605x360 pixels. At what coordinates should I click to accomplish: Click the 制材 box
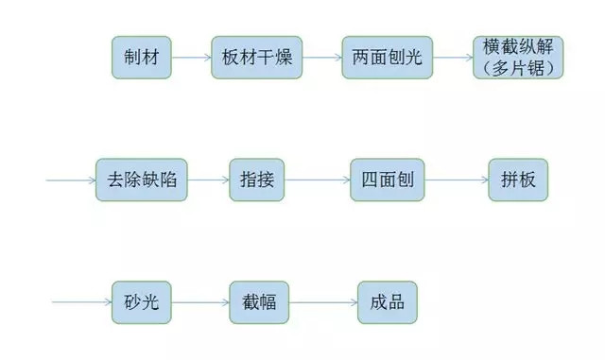[141, 58]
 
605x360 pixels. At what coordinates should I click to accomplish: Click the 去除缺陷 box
[142, 178]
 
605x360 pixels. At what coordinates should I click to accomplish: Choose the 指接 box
[256, 178]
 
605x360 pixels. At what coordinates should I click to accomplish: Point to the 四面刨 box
[386, 178]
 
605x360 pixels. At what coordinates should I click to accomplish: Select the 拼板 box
[518, 178]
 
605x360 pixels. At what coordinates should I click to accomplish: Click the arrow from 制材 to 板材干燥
[191, 58]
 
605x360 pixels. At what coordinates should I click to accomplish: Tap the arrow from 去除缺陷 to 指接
[208, 178]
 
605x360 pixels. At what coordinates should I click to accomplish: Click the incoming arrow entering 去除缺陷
[71, 178]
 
